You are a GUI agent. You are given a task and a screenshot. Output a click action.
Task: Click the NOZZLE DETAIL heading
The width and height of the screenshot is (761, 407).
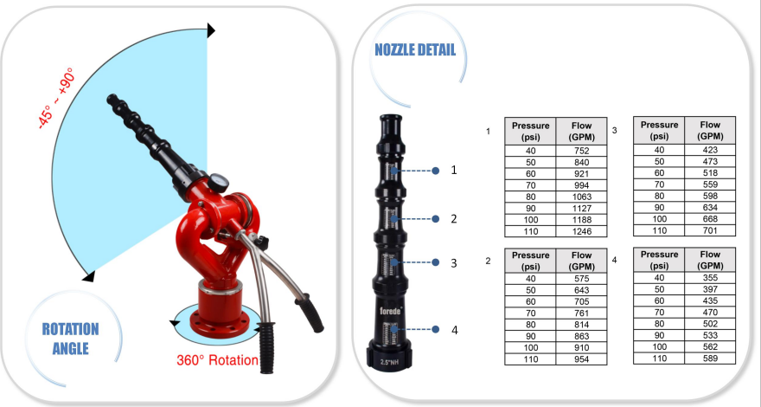[415, 49]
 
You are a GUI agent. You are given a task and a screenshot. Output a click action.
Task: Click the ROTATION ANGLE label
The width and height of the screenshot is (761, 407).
[70, 339]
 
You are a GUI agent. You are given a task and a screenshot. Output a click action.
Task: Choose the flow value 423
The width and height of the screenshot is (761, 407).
[709, 149]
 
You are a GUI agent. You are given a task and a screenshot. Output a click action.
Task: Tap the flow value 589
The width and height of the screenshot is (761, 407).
[709, 358]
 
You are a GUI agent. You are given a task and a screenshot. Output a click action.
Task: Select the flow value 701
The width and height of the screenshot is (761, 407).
[709, 230]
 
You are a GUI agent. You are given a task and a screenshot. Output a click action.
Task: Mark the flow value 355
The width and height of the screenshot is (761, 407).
[709, 277]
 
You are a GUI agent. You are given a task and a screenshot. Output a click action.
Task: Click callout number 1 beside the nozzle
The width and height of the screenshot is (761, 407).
[454, 171]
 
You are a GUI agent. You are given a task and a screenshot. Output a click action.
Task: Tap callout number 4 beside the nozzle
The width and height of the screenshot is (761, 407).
[454, 329]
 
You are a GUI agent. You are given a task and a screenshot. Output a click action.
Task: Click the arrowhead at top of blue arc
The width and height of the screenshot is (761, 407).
[210, 31]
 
